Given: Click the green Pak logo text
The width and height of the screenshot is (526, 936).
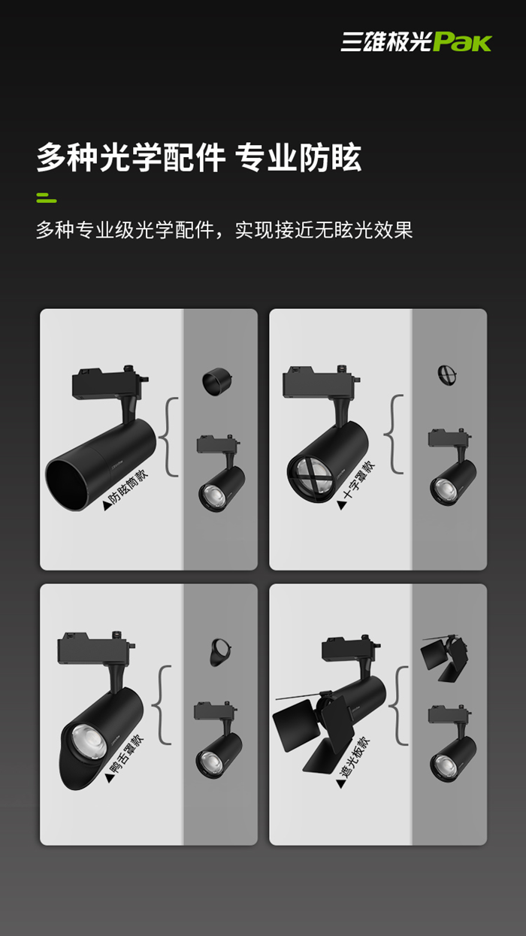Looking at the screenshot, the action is pyautogui.click(x=462, y=42).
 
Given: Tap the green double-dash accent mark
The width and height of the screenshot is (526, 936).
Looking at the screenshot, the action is pyautogui.click(x=47, y=198).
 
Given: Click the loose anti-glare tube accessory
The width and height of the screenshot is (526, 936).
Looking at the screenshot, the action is pyautogui.click(x=217, y=381).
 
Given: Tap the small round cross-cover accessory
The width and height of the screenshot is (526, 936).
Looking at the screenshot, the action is pyautogui.click(x=446, y=375).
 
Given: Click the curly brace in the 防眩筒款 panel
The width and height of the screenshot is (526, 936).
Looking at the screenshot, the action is pyautogui.click(x=169, y=437).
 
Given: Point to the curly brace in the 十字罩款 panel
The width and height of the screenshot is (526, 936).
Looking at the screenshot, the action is pyautogui.click(x=394, y=434).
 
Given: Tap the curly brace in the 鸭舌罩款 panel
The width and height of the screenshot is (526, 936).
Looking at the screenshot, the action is pyautogui.click(x=162, y=704).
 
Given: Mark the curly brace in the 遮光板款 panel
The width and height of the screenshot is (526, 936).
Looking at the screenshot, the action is pyautogui.click(x=398, y=705).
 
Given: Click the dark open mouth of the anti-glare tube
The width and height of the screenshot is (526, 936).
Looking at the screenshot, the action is pyautogui.click(x=68, y=484).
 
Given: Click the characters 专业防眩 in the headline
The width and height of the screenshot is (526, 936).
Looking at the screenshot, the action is pyautogui.click(x=298, y=158).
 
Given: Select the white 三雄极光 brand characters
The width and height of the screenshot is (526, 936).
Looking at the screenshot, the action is pyautogui.click(x=386, y=42).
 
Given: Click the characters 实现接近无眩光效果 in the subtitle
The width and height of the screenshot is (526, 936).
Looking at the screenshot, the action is pyautogui.click(x=324, y=230).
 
